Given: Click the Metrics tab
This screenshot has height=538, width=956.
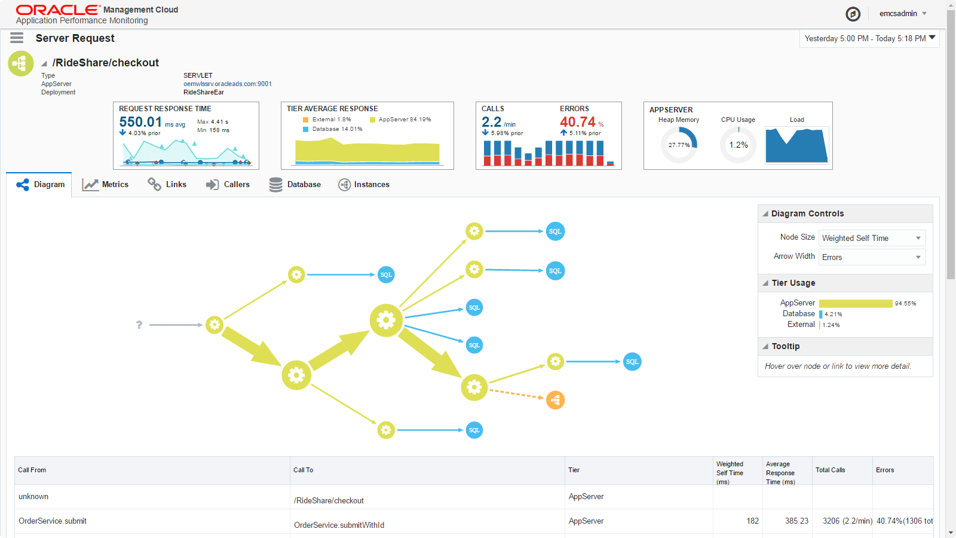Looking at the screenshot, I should coord(106,185).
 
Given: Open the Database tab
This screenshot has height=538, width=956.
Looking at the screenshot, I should coord(295,185).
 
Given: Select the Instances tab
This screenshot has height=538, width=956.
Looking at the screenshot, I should coord(364,185).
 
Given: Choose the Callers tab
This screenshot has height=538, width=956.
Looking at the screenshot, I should coord(228,185).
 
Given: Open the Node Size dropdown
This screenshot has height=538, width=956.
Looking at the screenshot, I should coord(872,238).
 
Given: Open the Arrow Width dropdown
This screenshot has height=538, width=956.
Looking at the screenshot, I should coord(872,257).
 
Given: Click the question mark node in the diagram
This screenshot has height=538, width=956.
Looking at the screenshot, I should coord(139,325).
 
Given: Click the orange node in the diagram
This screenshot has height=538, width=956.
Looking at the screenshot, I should coord(555,400).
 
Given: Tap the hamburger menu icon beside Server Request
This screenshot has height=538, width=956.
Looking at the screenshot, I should coord(17,38).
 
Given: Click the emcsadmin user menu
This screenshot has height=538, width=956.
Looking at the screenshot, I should coord(903,14).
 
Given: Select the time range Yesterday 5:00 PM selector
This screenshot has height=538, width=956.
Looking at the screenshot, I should coord(869,39).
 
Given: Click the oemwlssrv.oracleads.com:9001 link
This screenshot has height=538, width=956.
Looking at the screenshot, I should coord(228,84).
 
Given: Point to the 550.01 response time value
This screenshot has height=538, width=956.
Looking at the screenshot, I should coord(140,122).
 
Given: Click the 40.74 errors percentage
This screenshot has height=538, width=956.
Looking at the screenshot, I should coord(578,122).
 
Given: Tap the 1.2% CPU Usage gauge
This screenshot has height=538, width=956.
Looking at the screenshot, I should coord(738,145).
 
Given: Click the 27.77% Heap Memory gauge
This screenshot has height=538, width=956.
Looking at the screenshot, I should coord(679,145).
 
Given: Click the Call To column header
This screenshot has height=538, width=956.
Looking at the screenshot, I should coord(304,470).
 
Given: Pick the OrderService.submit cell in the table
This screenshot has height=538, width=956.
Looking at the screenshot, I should coord(53,521).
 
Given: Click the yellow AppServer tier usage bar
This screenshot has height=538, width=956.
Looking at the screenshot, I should coord(856,304).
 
